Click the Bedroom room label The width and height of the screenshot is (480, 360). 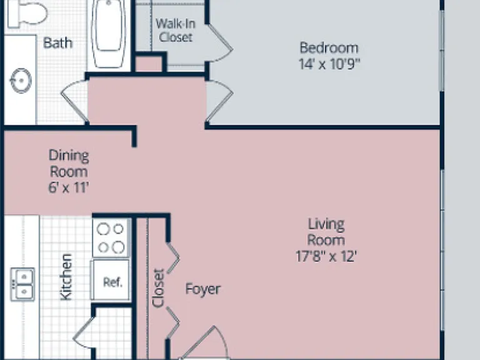click(x=329, y=48)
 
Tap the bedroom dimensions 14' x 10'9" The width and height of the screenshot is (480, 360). click(x=329, y=64)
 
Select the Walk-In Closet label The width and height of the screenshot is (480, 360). click(x=176, y=30)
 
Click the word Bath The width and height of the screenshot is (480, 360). click(x=58, y=43)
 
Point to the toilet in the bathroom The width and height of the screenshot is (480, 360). click(x=27, y=13)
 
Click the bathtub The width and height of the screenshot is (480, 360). click(x=109, y=33)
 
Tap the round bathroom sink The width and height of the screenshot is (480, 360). click(x=21, y=81)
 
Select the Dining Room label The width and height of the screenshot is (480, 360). click(x=69, y=164)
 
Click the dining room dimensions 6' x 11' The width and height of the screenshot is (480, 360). click(x=69, y=187)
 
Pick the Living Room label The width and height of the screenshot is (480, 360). click(x=326, y=232)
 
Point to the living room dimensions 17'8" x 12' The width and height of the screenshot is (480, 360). click(x=326, y=256)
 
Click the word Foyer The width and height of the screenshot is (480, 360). click(x=202, y=289)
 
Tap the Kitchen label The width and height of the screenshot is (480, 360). click(x=66, y=277)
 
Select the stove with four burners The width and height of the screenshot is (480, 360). click(x=111, y=238)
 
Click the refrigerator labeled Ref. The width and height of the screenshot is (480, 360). click(x=110, y=279)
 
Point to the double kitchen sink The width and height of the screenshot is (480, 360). click(x=22, y=284)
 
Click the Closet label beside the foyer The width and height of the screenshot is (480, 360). click(x=158, y=287)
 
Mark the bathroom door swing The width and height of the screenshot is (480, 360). click(x=74, y=101)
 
